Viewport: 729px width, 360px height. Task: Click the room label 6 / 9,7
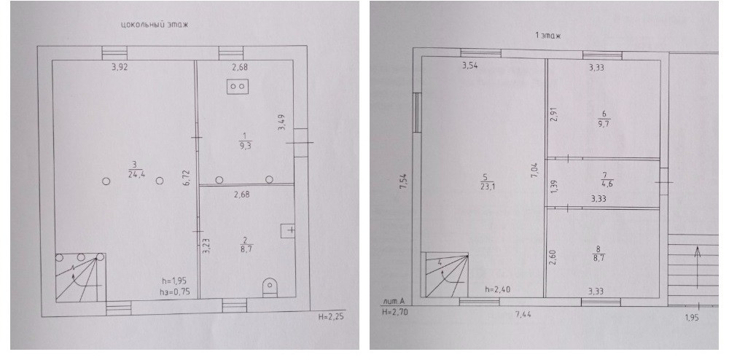point(604,119)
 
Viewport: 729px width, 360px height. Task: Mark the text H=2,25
point(332,318)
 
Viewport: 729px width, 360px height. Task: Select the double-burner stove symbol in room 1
point(238,86)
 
